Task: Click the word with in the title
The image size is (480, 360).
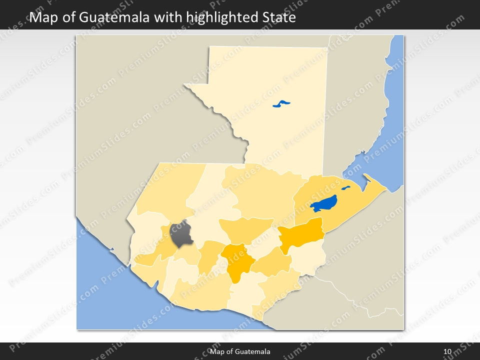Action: pos(168,18)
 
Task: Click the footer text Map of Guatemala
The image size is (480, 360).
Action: pos(240,352)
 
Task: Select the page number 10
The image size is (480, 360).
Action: pos(447,352)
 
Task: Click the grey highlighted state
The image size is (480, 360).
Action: pos(181,234)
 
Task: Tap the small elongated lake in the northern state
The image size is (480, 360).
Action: pos(281,104)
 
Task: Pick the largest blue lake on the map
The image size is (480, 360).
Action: pos(323,203)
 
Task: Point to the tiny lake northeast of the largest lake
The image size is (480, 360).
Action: pos(345,188)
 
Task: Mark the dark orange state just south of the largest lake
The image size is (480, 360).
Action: pos(301,233)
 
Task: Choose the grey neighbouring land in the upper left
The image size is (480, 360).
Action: pos(135,100)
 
